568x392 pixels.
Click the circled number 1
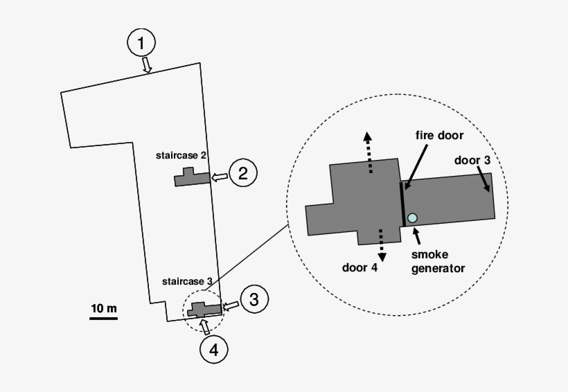coord(141,43)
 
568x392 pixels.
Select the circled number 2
coord(243,172)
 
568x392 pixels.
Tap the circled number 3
coord(254,300)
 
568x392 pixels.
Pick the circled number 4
coord(213,350)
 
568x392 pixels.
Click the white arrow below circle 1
coord(147,65)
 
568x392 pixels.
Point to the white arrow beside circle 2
coord(220,178)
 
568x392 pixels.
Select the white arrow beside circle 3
coord(231,305)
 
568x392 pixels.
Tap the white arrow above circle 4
coord(203,326)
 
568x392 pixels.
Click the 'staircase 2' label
coord(181,156)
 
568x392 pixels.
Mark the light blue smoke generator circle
coord(413,218)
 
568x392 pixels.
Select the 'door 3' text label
coord(473,160)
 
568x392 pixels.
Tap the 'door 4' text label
coord(360,267)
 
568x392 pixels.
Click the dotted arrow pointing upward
coord(369,152)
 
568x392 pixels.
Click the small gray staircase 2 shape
coord(191,178)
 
